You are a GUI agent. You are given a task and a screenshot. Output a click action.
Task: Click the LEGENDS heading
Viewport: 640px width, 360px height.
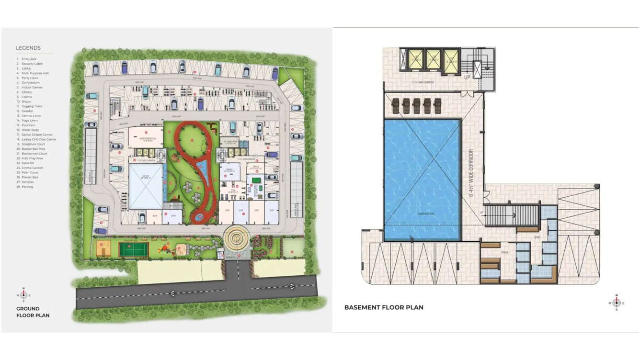pos(28,48)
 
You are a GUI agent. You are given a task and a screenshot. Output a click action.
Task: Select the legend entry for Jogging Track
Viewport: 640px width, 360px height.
pos(32,106)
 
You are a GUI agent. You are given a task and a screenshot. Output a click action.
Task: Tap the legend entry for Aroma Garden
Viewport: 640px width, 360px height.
pos(32,168)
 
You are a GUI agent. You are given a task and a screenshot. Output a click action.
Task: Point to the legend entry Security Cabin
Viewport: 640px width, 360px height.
pos(32,64)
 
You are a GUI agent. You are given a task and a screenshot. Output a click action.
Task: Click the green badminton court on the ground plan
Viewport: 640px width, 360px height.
pos(134,249)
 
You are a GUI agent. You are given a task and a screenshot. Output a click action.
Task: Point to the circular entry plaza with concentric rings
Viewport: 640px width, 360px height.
pos(236,236)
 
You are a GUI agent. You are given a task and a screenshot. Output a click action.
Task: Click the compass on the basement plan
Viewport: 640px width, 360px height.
pos(617,303)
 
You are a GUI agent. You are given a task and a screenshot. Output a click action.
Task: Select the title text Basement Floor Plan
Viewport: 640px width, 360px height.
pos(384,307)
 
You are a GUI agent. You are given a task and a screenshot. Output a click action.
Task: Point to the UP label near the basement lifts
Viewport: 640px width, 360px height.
pos(467,77)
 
